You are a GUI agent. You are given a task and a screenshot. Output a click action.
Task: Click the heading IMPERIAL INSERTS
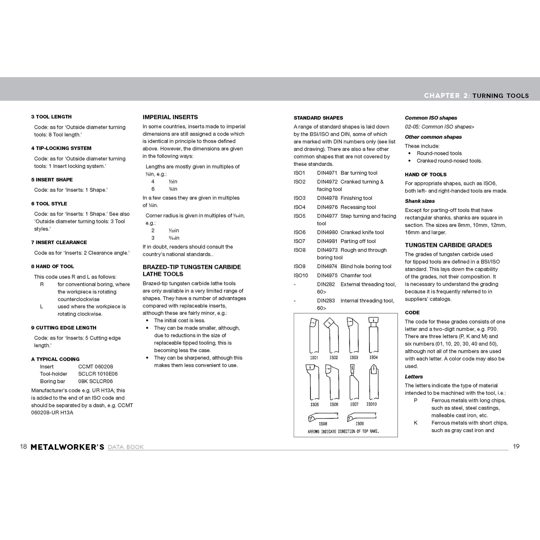pyautogui.click(x=170, y=117)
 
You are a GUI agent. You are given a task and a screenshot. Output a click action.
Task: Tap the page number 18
pyautogui.click(x=23, y=446)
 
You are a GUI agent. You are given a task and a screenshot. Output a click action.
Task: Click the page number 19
pyautogui.click(x=516, y=446)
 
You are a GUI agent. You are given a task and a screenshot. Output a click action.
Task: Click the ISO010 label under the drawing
pyautogui.click(x=372, y=404)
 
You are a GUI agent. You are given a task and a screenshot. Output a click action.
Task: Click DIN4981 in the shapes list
pyautogui.click(x=327, y=241)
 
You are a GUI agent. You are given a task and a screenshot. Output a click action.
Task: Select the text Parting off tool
pyautogui.click(x=358, y=241)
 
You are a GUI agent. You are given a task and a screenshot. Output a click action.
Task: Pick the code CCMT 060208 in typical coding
pyautogui.click(x=95, y=366)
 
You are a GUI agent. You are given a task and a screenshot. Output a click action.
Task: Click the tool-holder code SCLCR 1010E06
pyautogui.click(x=98, y=374)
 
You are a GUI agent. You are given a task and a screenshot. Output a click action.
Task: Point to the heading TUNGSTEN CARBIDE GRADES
pyautogui.click(x=448, y=245)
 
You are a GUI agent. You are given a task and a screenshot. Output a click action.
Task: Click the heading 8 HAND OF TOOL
pyautogui.click(x=53, y=266)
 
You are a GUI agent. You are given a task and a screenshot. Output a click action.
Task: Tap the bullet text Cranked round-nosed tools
pyautogui.click(x=449, y=161)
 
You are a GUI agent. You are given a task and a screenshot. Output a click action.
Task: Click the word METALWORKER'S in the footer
pyautogui.click(x=67, y=447)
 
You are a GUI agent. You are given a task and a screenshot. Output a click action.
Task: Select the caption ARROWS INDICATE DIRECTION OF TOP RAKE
pyautogui.click(x=343, y=431)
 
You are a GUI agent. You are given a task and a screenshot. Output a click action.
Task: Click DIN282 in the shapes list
pyautogui.click(x=326, y=284)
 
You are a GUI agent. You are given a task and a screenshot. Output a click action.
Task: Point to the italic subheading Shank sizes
pyautogui.click(x=420, y=201)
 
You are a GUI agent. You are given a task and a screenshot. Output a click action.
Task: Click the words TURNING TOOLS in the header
pyautogui.click(x=500, y=96)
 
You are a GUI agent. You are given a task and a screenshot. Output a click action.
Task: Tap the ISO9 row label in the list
pyautogui.click(x=299, y=266)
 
